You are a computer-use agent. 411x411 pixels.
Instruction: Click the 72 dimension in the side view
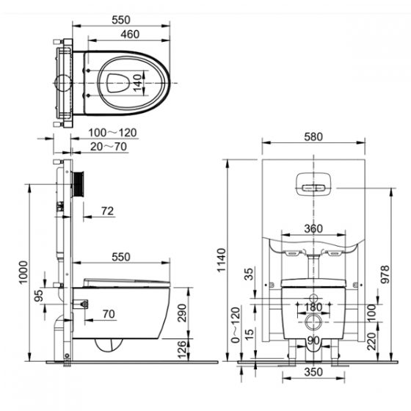pyautogui.click(x=107, y=212)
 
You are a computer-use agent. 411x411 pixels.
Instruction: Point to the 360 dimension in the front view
pyautogui.click(x=313, y=228)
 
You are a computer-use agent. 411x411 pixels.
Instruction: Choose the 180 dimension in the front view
pyautogui.click(x=314, y=306)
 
